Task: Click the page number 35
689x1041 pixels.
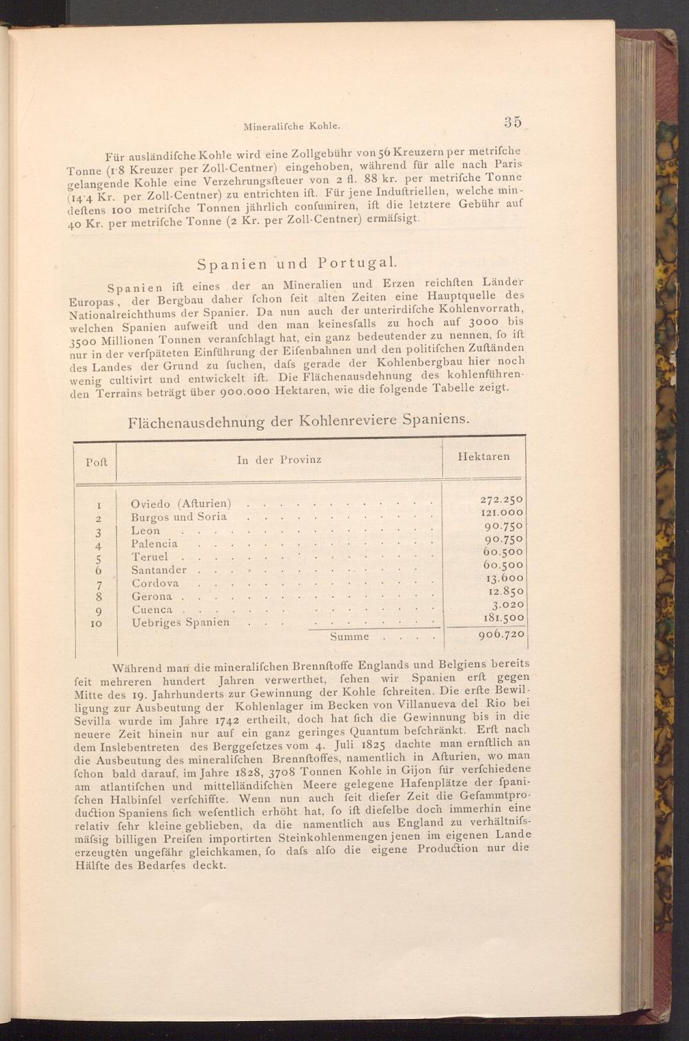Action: point(512,122)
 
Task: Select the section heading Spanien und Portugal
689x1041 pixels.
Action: point(296,263)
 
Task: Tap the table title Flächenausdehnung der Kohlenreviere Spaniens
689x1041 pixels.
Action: point(299,420)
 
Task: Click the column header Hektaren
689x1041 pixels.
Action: point(484,456)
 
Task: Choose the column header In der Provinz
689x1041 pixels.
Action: point(279,460)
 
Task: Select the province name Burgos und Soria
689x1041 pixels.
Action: point(179,517)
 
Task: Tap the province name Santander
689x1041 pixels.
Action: point(159,570)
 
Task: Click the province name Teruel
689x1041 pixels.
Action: point(150,557)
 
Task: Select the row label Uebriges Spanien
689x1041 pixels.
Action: point(181,622)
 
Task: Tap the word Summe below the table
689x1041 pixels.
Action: point(349,637)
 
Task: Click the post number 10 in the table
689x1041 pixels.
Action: point(96,623)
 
